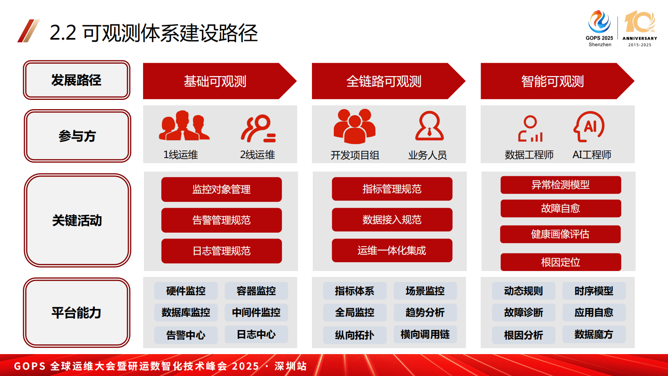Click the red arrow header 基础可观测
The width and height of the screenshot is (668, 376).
pos(215,81)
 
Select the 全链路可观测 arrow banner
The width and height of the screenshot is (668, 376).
pos(384,81)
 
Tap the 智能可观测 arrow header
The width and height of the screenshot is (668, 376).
pos(553,81)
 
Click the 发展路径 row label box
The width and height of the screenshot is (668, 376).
pos(77,80)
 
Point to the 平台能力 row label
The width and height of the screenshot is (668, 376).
pos(77,312)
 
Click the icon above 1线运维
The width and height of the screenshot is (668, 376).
pos(184,126)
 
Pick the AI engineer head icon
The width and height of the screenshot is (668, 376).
pos(589,126)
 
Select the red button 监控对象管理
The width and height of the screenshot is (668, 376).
pos(221,189)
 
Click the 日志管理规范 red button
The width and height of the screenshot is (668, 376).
pos(221,251)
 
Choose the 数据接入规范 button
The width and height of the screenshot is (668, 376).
pos(392,220)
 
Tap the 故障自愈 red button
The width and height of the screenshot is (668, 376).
pos(561,208)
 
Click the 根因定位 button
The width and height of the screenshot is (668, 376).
pos(561,262)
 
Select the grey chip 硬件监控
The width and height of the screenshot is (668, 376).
pos(186,291)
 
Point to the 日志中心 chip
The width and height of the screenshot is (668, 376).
pos(256,334)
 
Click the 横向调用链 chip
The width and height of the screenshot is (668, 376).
pos(425,334)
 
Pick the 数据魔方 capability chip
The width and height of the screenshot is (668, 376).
pos(594,334)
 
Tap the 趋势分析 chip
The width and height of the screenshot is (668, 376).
pos(425,312)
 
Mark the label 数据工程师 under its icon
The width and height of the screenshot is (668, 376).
pos(529,155)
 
